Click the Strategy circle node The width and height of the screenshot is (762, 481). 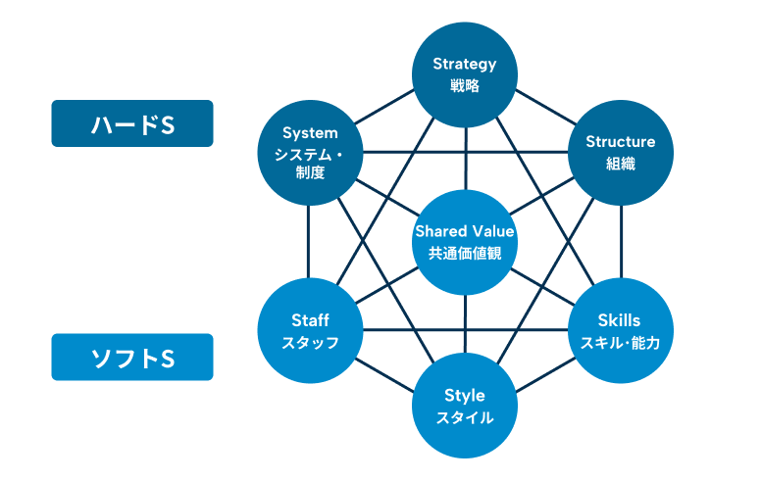click(465, 74)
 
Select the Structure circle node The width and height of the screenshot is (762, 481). click(620, 152)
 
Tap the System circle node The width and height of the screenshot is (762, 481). click(310, 152)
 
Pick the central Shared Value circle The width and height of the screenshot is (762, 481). click(465, 242)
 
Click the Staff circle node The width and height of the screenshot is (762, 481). click(310, 330)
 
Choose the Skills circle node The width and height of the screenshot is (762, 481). click(620, 330)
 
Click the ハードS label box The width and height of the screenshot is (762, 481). click(132, 123)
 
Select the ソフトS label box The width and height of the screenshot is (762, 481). click(132, 358)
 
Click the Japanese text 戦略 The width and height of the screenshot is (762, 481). click(465, 86)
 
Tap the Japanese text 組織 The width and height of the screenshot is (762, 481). click(620, 164)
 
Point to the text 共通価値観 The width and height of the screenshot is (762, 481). click(465, 254)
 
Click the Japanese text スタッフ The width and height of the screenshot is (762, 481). click(310, 343)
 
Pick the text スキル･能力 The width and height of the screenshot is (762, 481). click(620, 343)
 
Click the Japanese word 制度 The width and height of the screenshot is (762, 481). click(310, 172)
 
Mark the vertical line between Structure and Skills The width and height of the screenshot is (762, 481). click(620, 240)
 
